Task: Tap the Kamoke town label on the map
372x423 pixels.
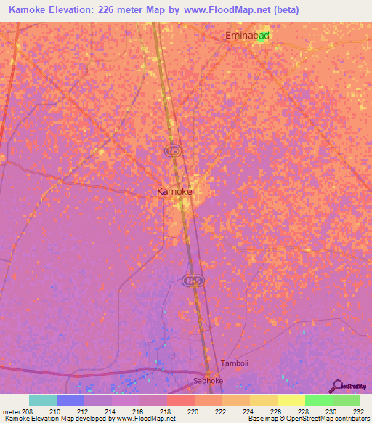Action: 175,191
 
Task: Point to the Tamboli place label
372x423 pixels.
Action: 234,363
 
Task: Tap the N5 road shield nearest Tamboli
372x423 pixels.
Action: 191,281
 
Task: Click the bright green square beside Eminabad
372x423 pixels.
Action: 263,38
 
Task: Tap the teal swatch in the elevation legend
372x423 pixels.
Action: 42,400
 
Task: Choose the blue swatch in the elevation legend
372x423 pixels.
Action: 70,400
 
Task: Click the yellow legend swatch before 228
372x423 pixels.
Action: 291,400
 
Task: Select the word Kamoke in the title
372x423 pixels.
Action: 28,10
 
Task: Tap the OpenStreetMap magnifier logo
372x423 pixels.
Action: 338,386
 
